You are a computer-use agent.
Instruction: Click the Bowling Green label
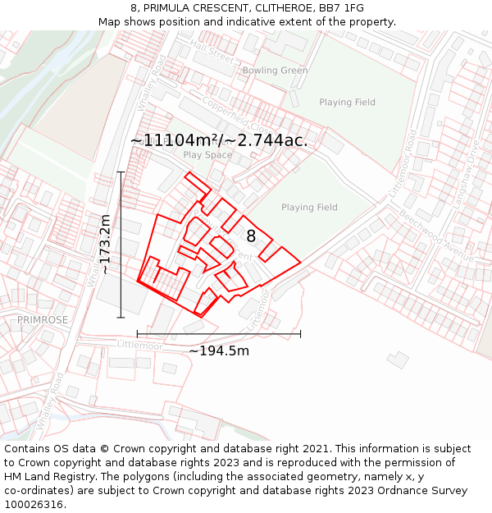pyautogui.click(x=275, y=71)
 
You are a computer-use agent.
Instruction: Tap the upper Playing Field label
pyautogui.click(x=347, y=103)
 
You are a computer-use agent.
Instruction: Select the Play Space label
pyautogui.click(x=207, y=155)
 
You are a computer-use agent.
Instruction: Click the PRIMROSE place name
pyautogui.click(x=43, y=319)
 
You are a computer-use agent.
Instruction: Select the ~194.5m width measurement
pyautogui.click(x=219, y=351)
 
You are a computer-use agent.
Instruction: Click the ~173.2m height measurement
pyautogui.click(x=105, y=244)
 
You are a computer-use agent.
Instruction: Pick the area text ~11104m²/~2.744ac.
pyautogui.click(x=219, y=140)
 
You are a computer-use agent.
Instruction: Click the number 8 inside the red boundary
pyautogui.click(x=251, y=236)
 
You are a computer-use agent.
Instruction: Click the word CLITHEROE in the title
pyautogui.click(x=278, y=7)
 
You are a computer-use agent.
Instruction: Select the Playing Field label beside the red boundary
pyautogui.click(x=309, y=208)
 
